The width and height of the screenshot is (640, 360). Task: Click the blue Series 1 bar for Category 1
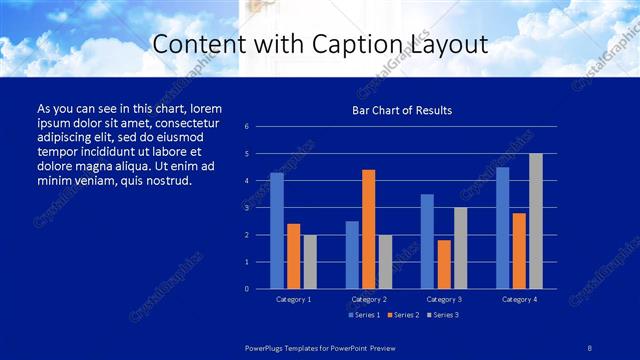[x=277, y=231]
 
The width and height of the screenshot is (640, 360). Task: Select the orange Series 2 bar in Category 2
[x=369, y=229]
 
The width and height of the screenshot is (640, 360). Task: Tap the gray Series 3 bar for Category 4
[x=535, y=221]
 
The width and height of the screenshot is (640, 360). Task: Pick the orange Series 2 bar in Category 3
[x=444, y=264]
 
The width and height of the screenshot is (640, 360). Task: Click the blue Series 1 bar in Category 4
[x=502, y=228]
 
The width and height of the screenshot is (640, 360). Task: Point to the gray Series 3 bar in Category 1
[x=310, y=261]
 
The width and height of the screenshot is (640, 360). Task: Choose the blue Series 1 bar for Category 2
[x=352, y=255]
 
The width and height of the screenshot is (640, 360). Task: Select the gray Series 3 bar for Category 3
[x=460, y=248]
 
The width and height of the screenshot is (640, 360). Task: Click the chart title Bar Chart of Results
[x=401, y=110]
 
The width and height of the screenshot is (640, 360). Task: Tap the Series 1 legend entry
[x=362, y=315]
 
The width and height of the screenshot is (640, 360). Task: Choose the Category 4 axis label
[x=518, y=299]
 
